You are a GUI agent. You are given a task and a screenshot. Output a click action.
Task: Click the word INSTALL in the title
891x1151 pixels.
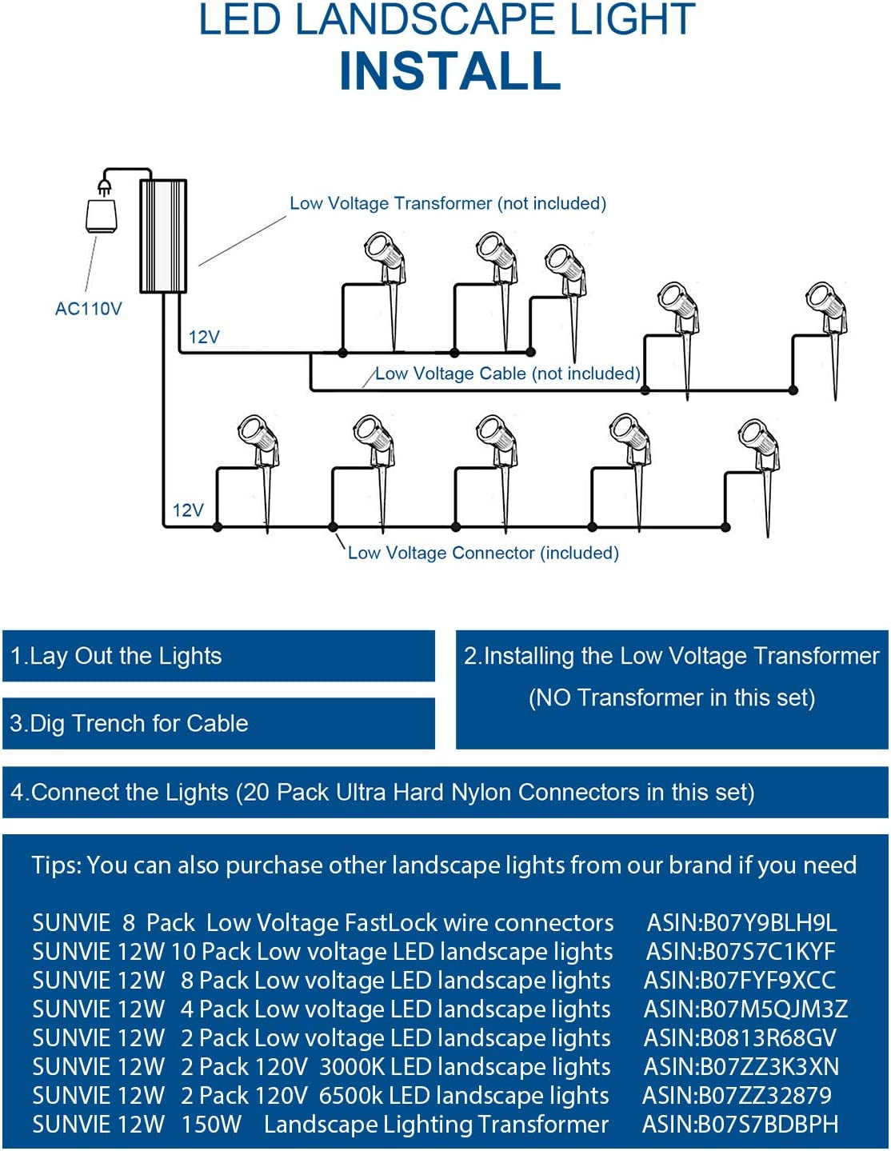[449, 71]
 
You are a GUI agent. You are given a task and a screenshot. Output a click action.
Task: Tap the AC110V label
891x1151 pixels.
[88, 309]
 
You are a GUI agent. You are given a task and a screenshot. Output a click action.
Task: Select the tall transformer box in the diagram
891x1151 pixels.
[163, 236]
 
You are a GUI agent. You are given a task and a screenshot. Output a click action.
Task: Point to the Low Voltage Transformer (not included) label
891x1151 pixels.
[447, 203]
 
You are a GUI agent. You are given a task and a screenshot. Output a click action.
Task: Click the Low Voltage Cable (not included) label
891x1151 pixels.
[507, 374]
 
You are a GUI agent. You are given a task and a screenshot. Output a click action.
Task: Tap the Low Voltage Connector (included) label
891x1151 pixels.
[483, 553]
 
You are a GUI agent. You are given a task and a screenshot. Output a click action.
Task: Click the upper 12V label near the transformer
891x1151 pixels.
[204, 337]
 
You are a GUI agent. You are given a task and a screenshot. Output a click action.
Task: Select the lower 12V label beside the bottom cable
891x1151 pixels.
[188, 510]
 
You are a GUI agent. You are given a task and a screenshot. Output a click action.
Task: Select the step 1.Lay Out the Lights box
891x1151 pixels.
[218, 656]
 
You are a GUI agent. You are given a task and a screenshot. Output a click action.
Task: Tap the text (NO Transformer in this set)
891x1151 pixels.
[672, 697]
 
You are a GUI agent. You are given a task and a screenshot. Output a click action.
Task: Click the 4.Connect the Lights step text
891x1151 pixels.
[382, 792]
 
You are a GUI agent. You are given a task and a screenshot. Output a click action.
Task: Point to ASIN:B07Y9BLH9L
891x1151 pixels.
[741, 923]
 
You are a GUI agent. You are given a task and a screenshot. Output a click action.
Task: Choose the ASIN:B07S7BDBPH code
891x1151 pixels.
[741, 1125]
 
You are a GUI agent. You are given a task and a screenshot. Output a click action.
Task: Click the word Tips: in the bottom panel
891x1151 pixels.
[56, 865]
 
